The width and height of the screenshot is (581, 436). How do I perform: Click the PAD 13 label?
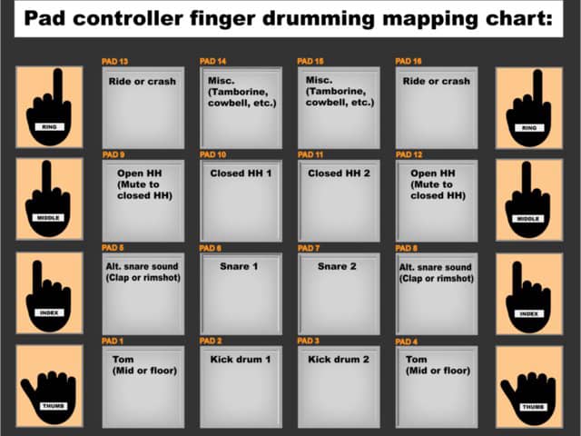pos(115,61)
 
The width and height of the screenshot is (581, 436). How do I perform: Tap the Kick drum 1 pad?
pos(241,387)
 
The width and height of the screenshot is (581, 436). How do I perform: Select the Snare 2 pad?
pos(339,293)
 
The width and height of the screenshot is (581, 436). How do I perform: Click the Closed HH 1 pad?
pos(241,201)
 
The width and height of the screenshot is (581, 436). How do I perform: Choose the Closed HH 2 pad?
pos(339,201)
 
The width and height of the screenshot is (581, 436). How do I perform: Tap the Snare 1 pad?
pos(241,293)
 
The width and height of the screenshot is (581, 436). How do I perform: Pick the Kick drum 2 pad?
pos(339,387)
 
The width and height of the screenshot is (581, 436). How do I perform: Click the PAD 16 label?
pos(409,61)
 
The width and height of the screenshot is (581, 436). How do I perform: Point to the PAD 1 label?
pos(113,341)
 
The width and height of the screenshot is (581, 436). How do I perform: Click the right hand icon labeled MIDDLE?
pos(527,201)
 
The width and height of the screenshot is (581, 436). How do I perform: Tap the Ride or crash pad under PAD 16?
pos(437,108)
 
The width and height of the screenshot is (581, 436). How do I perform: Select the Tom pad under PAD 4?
pos(437,387)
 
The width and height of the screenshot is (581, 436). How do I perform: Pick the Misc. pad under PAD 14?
pos(241,108)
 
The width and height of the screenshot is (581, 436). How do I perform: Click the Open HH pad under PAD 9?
pos(143,201)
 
